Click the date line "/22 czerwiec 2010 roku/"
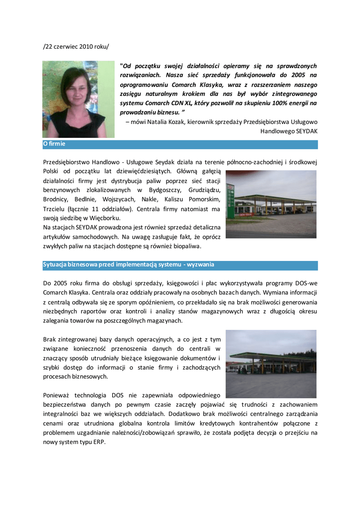(x=75, y=47)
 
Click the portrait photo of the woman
(x=78, y=99)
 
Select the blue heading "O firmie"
(x=54, y=144)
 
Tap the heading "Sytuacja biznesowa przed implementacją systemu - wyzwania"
(x=129, y=265)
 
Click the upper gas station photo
(x=271, y=204)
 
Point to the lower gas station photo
(x=271, y=364)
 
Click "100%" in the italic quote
(x=278, y=103)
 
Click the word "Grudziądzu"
(x=204, y=190)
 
